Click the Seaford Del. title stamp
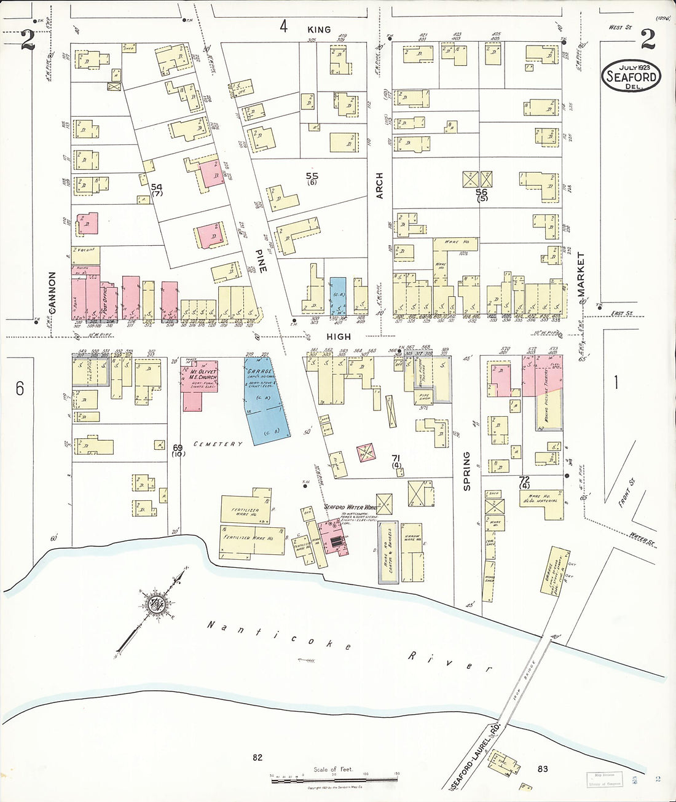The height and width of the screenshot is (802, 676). coord(631,76)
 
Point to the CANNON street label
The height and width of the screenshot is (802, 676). coord(52,293)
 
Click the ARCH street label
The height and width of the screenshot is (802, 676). coord(380,185)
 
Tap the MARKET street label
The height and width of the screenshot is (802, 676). coord(581,275)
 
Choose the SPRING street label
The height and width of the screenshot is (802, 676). coord(466,471)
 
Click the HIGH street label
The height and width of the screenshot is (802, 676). coord(339,337)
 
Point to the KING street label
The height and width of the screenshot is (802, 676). coord(319,29)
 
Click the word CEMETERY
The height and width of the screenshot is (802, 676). coord(218,444)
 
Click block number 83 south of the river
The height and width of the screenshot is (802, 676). coord(542,769)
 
